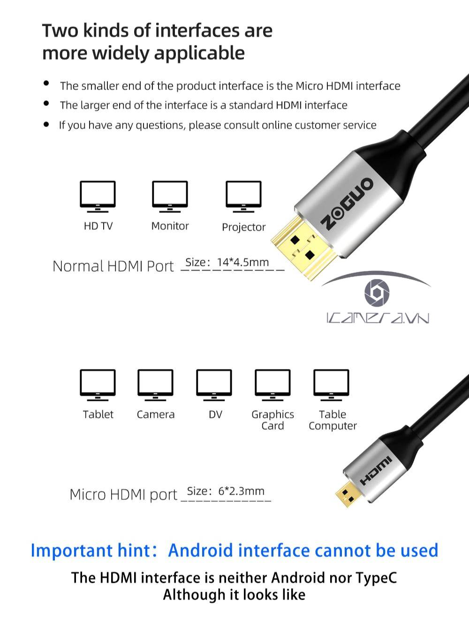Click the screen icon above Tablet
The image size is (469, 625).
click(98, 384)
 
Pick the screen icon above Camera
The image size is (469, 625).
click(155, 384)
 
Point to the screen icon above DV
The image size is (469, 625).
click(214, 384)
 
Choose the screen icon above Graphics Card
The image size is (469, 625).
click(272, 384)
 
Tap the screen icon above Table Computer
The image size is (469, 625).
click(331, 384)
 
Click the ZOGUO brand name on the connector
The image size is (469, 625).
click(348, 203)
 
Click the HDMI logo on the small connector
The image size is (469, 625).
click(376, 470)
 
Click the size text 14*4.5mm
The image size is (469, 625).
click(242, 262)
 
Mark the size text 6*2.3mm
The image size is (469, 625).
click(241, 491)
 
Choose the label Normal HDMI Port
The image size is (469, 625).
click(113, 266)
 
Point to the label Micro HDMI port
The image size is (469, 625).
click(123, 495)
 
